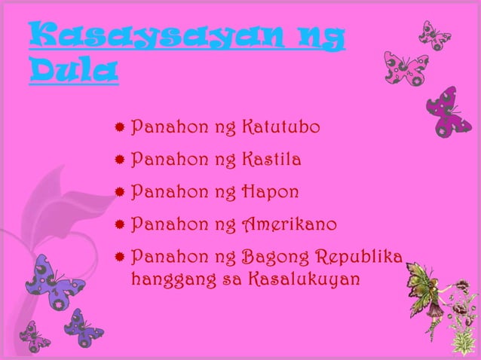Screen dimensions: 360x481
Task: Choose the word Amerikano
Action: click(x=290, y=224)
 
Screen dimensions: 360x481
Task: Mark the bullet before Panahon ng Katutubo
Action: click(x=119, y=128)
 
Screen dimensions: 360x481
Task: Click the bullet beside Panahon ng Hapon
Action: click(x=119, y=192)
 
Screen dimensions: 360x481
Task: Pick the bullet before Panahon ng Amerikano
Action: click(x=119, y=224)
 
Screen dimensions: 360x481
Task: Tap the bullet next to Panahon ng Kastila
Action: click(x=119, y=160)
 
